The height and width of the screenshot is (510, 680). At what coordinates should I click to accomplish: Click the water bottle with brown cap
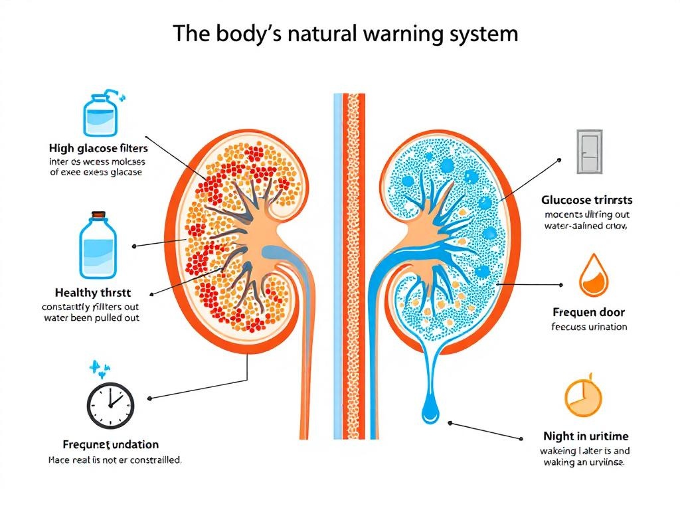click(x=98, y=245)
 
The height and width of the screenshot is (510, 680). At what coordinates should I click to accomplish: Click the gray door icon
click(x=588, y=153)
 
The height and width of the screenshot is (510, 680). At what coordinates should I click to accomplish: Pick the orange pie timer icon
click(x=582, y=398)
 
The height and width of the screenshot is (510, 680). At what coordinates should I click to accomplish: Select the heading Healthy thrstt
click(x=92, y=293)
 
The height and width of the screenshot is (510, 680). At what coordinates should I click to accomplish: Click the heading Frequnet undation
click(x=101, y=444)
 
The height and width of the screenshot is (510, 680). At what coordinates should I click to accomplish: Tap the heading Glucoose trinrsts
click(x=586, y=200)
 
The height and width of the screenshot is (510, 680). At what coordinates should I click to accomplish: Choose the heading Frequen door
click(x=588, y=312)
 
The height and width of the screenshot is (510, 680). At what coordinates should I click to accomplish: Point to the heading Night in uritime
click(x=585, y=436)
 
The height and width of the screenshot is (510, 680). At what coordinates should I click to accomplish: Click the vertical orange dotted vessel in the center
click(x=353, y=266)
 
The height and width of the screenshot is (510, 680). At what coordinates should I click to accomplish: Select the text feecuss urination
click(x=589, y=327)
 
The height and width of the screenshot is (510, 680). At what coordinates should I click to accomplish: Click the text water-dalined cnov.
click(x=585, y=226)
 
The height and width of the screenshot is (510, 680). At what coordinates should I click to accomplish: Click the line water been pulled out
click(x=91, y=317)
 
